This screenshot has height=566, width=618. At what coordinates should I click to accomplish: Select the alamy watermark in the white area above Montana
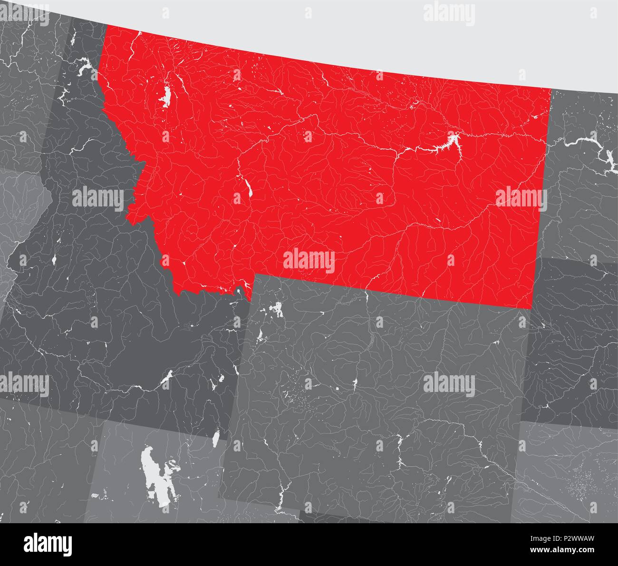449,11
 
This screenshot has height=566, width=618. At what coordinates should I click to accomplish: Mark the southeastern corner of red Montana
531,309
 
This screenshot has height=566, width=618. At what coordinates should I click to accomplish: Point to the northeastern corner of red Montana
551,89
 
